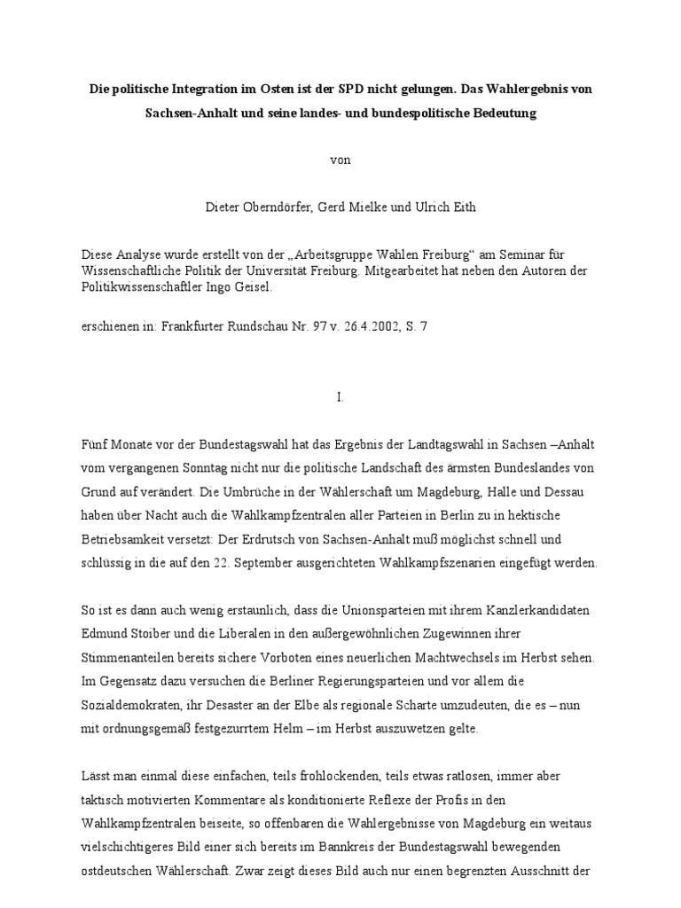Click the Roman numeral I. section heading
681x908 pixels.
340,397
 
